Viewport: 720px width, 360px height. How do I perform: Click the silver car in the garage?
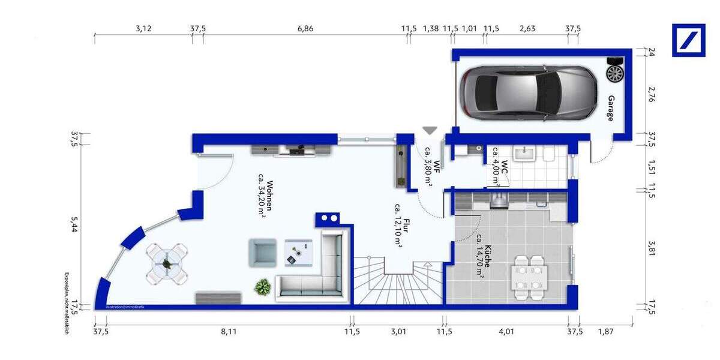coord(528,93)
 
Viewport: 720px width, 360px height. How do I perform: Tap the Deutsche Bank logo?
coord(688,40)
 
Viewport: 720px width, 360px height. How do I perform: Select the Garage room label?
coord(611,108)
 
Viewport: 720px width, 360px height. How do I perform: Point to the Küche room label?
coord(484,260)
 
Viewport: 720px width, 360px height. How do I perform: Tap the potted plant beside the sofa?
coord(262,287)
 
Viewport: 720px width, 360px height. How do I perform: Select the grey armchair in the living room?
coord(262,252)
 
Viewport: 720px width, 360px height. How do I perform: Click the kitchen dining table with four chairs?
coord(529,277)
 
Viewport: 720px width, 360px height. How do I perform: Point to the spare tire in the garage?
coord(615,73)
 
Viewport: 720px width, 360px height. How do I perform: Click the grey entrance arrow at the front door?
coord(430,130)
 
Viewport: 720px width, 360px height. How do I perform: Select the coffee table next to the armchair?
coord(298,252)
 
